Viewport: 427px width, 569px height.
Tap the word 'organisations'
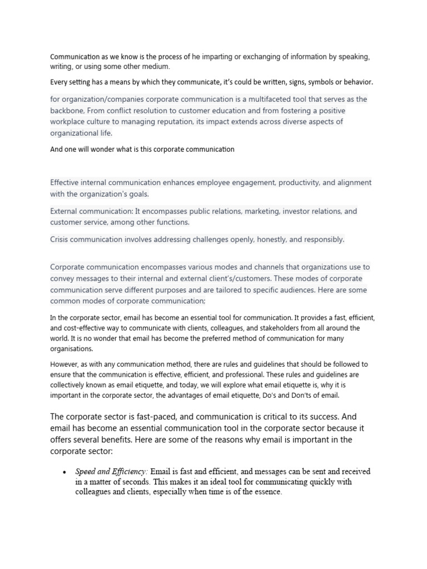(72, 349)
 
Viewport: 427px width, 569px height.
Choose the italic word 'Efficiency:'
(129, 472)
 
